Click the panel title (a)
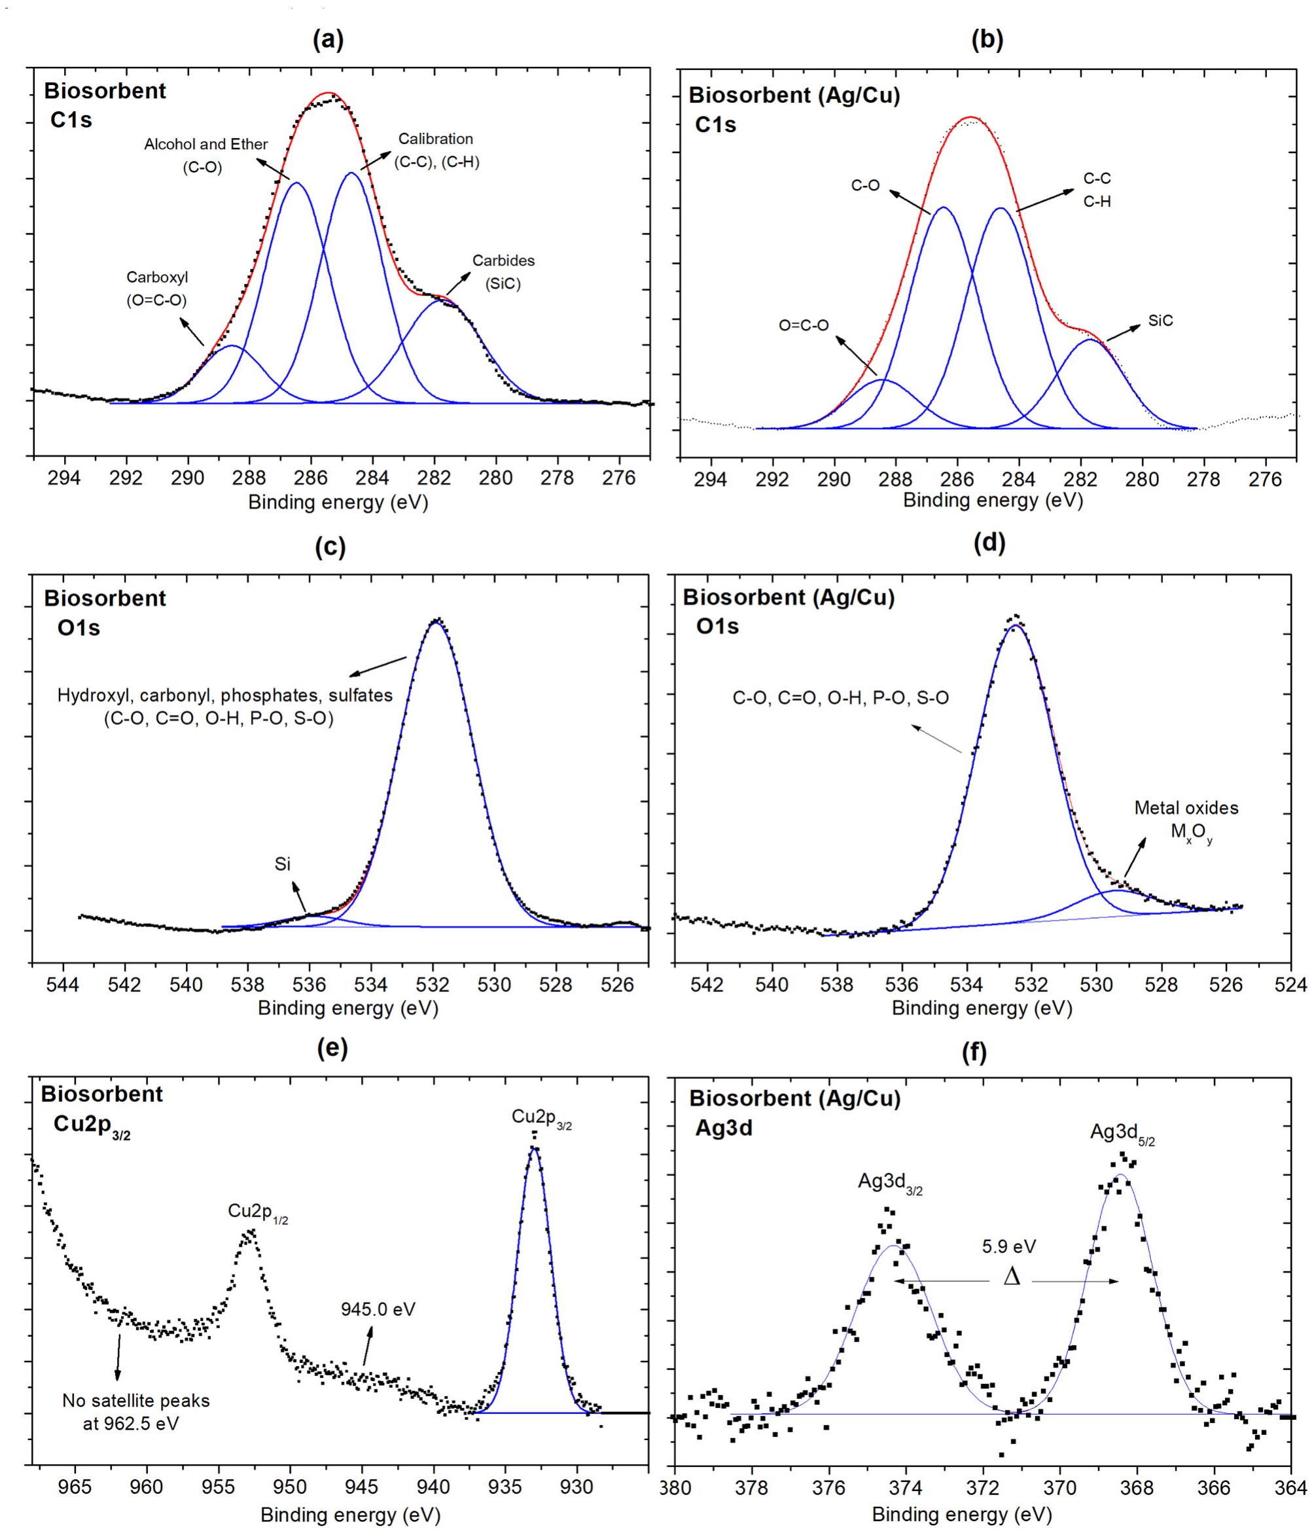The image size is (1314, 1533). pyautogui.click(x=328, y=41)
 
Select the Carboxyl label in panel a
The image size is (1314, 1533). pyautogui.click(x=157, y=289)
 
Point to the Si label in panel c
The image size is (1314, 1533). pyautogui.click(x=283, y=864)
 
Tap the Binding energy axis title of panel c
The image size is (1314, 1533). pyautogui.click(x=347, y=1008)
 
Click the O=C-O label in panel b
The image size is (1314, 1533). pyautogui.click(x=804, y=325)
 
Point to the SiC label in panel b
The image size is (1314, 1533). pyautogui.click(x=1160, y=321)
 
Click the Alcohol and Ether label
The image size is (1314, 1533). pyautogui.click(x=205, y=154)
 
